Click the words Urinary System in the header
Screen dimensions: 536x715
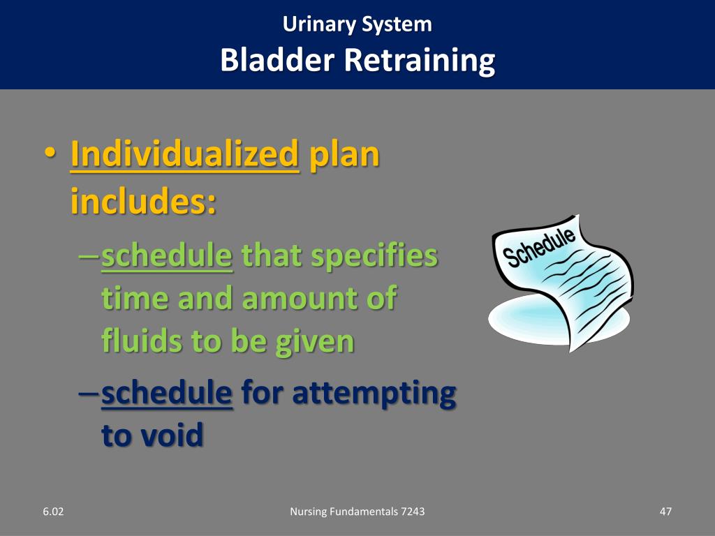(357, 24)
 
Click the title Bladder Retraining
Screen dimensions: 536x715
(357, 60)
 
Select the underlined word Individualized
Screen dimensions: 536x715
(184, 154)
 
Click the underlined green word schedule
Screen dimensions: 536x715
(166, 256)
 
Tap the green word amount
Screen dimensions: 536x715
(300, 299)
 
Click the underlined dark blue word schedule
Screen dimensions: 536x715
(166, 393)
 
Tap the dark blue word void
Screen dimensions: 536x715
(172, 435)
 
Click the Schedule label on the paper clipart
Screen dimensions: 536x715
(541, 247)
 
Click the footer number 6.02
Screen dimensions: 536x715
(52, 512)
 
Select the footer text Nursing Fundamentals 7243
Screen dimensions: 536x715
(357, 512)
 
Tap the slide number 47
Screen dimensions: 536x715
(665, 512)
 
